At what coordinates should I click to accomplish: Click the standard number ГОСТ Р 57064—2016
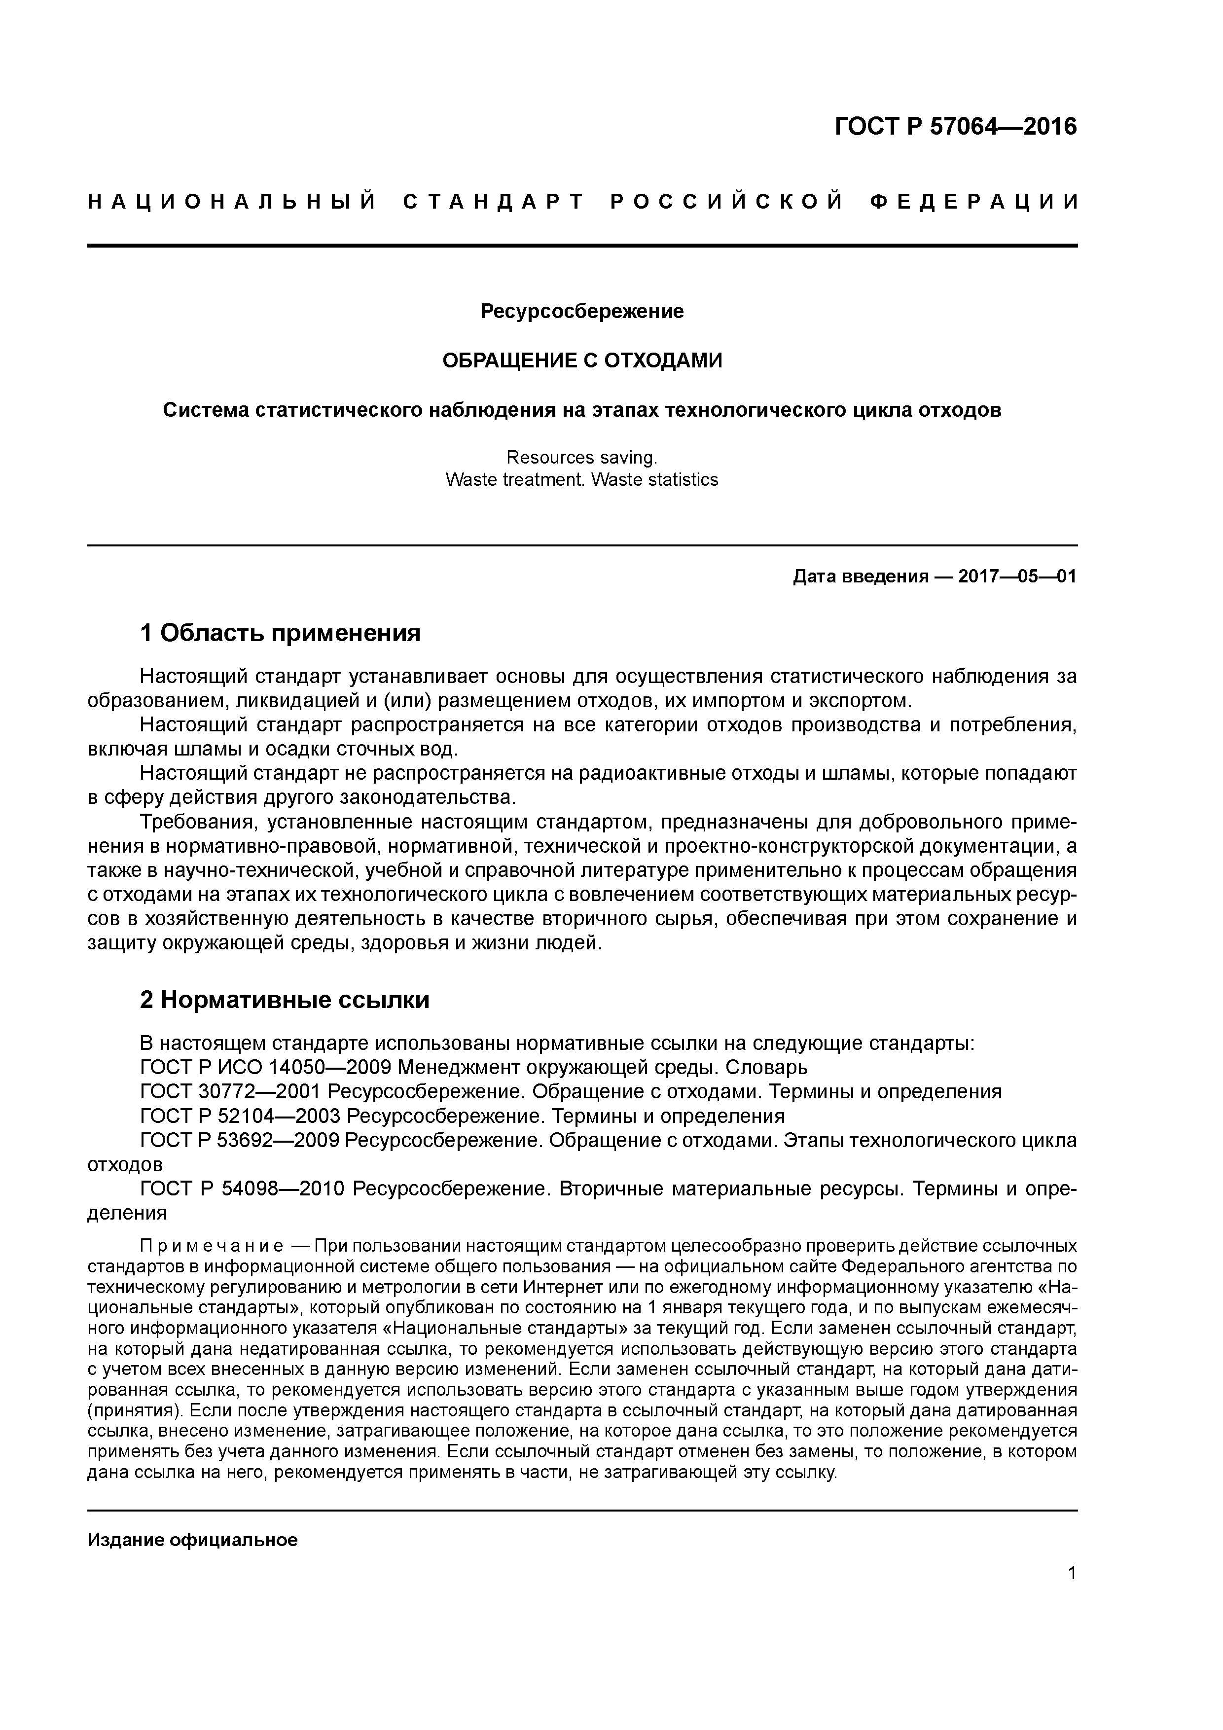[x=956, y=127]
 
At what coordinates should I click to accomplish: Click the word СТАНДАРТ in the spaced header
[x=494, y=202]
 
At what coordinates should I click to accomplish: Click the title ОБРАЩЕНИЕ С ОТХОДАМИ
[x=582, y=361]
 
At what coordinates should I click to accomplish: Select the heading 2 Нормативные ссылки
[x=285, y=1000]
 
